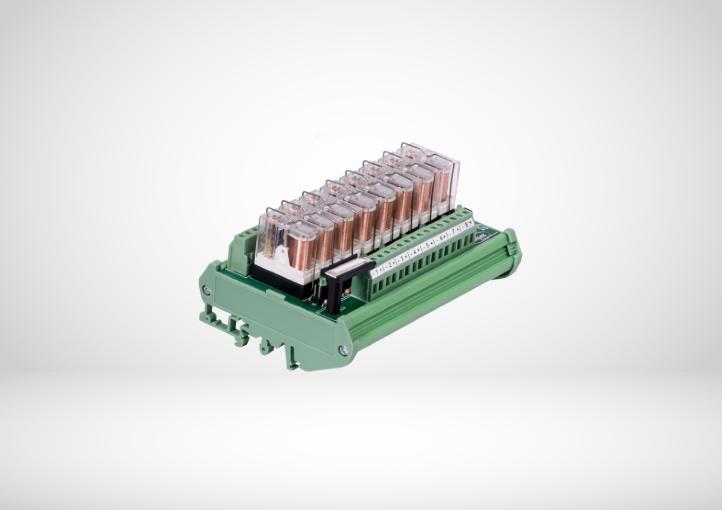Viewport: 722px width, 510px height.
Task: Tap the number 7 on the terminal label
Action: (453, 232)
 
